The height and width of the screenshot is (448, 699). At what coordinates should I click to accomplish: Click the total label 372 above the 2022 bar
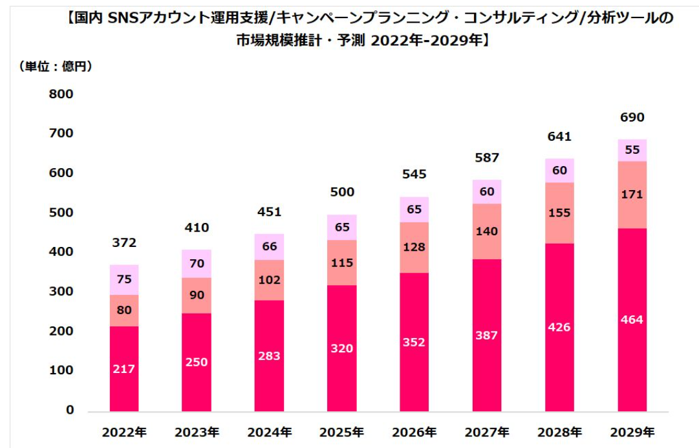point(124,244)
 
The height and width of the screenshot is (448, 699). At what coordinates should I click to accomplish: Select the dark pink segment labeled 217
point(124,368)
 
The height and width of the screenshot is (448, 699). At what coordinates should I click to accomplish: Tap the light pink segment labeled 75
point(124,280)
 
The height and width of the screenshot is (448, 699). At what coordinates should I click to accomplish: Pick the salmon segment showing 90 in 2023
point(197,295)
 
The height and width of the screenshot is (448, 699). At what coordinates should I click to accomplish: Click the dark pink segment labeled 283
point(269,356)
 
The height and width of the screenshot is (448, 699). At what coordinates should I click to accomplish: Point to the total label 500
point(342,192)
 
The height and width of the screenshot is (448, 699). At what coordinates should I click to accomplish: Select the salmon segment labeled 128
point(414,248)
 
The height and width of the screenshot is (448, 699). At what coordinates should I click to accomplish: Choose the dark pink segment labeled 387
point(487,335)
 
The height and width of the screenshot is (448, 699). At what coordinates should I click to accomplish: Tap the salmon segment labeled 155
point(559,213)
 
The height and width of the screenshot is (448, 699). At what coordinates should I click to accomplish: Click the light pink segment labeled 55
point(632,150)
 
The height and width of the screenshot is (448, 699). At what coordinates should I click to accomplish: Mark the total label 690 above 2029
point(632,118)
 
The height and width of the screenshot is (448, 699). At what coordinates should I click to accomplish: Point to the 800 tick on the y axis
point(61,94)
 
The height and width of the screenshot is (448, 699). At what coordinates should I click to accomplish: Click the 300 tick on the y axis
point(61,292)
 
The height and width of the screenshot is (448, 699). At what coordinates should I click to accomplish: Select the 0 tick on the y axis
point(70,411)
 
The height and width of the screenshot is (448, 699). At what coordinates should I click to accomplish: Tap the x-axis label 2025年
point(342,431)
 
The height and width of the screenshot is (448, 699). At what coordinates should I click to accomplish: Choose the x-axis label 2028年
point(559,431)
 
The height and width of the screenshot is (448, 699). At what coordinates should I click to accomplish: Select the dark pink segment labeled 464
point(632,320)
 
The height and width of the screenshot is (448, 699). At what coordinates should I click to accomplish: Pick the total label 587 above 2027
point(487,158)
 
